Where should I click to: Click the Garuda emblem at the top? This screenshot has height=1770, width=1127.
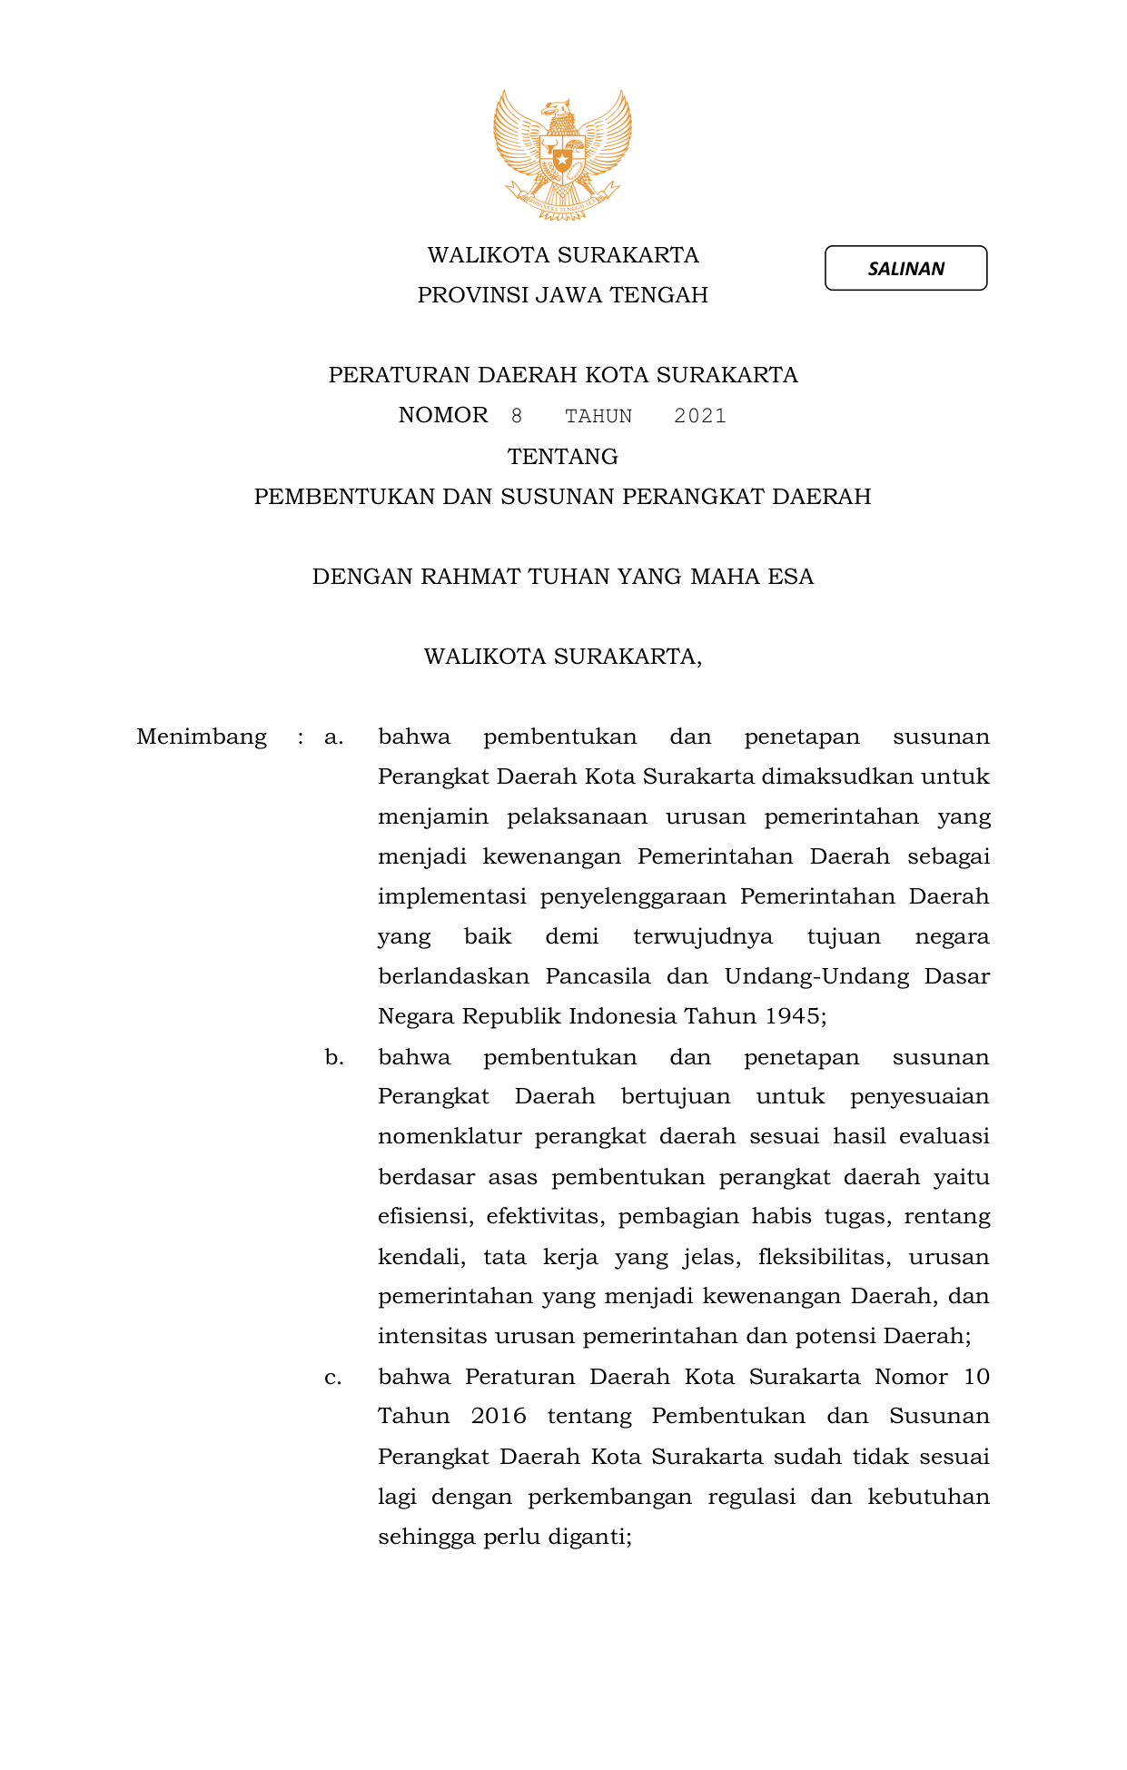click(562, 154)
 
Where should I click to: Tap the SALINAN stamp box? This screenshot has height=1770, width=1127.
click(905, 268)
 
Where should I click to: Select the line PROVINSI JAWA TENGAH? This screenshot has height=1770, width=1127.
click(562, 295)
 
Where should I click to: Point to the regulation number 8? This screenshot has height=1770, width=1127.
click(517, 416)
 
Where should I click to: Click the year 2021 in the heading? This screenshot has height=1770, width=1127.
click(700, 416)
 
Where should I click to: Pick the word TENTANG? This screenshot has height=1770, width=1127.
click(562, 456)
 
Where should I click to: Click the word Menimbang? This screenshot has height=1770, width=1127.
click(202, 737)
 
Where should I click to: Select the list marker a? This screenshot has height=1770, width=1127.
click(333, 737)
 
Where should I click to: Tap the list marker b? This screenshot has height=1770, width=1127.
click(334, 1057)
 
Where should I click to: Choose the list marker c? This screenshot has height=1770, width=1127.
click(333, 1377)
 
